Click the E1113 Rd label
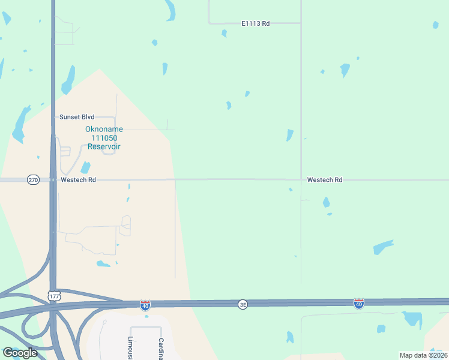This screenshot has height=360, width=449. click(x=255, y=23)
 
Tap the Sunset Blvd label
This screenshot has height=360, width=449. click(x=77, y=117)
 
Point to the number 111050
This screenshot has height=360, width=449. click(x=100, y=138)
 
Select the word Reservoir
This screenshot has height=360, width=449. click(x=104, y=146)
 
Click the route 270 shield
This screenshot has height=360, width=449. click(x=33, y=179)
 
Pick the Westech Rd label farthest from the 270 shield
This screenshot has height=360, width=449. click(x=324, y=179)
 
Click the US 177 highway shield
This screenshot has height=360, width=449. click(x=54, y=295)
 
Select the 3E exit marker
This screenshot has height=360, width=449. click(x=243, y=304)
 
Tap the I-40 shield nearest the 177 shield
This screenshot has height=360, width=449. click(x=145, y=305)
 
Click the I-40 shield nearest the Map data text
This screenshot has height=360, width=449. click(x=358, y=304)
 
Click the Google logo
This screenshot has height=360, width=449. click(x=20, y=353)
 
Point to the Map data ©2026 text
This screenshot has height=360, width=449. click(x=423, y=355)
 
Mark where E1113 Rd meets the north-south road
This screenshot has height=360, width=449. click(x=301, y=23)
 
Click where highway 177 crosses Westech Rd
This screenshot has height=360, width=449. click(x=53, y=179)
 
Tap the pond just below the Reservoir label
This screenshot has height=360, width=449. click(x=85, y=167)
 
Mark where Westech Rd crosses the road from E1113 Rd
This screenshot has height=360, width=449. click(x=301, y=179)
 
